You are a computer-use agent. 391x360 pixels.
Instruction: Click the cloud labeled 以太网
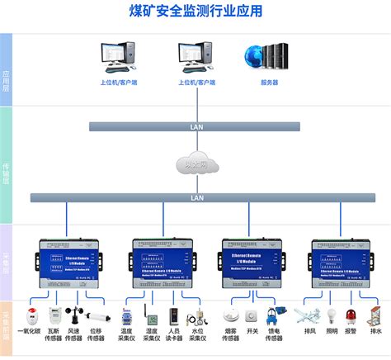coord(197,163)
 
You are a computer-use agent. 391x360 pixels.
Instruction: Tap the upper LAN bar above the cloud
coord(197,126)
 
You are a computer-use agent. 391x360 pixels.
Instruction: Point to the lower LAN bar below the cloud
coord(197,197)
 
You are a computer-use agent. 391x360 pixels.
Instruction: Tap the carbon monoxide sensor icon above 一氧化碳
coord(33,316)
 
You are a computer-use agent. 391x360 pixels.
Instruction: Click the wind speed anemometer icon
coord(74,316)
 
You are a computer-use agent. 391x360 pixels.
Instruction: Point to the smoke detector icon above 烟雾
coord(232,316)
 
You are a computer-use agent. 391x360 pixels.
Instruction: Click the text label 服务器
coord(269,83)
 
